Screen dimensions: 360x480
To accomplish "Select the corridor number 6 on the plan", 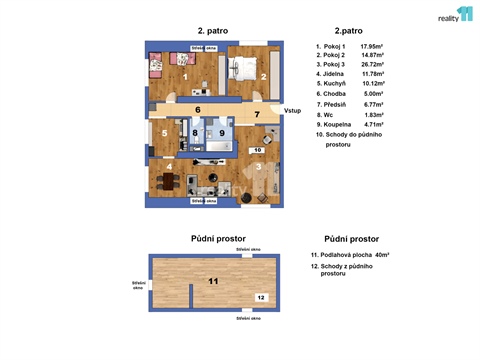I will coord(198,109).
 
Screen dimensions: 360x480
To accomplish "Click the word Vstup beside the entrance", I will coord(293,110).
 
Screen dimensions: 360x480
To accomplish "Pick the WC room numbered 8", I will coord(195,132).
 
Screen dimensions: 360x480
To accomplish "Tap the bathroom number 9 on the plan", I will coord(222,132).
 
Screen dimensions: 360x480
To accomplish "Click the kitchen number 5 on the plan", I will coord(165,132).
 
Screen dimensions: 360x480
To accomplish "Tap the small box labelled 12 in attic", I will coord(259,297).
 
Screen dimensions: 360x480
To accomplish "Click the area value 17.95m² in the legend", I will coord(374,46).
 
